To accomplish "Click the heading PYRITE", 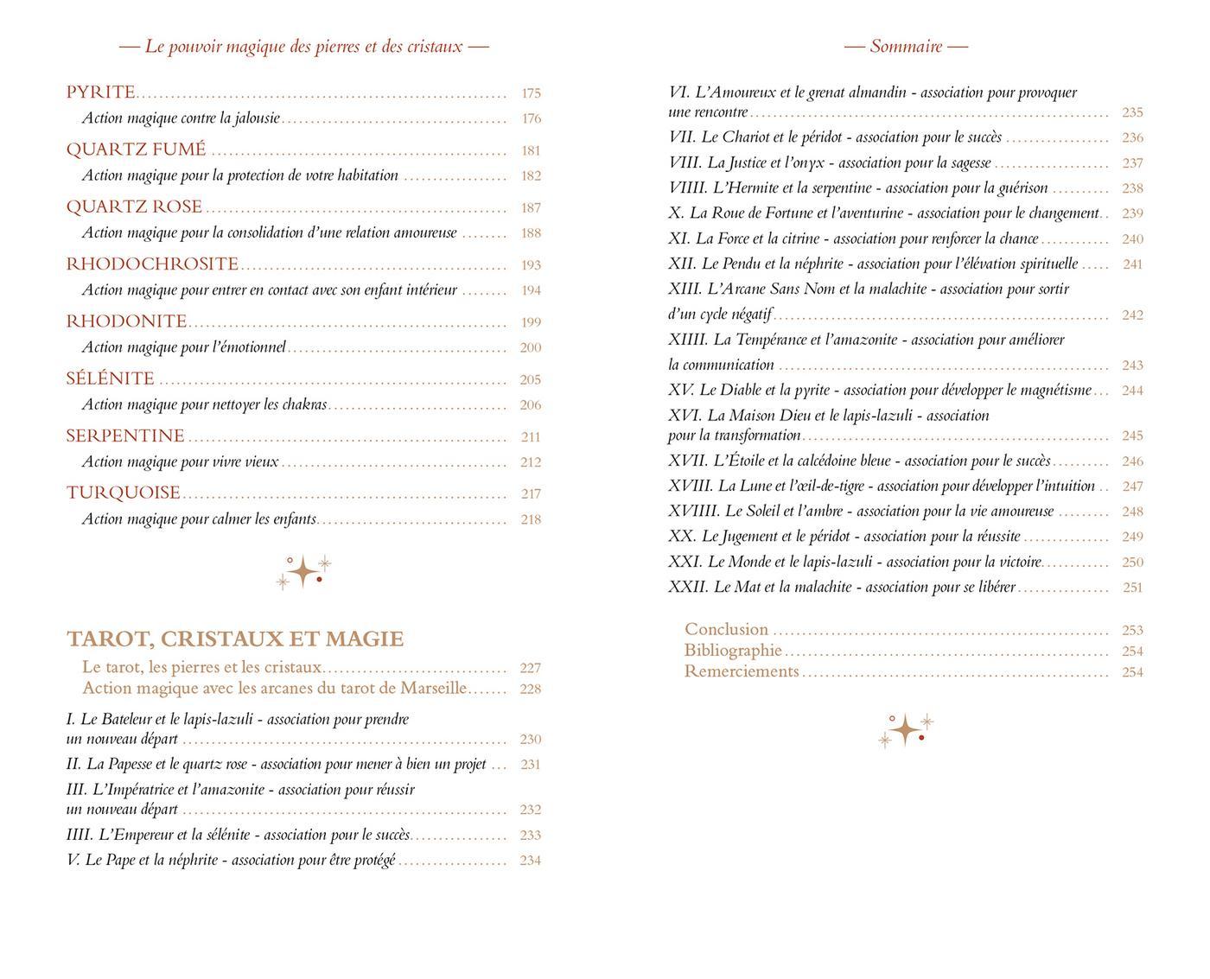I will (x=101, y=92).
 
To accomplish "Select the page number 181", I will (x=531, y=150).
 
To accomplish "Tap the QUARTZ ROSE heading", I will (x=134, y=207).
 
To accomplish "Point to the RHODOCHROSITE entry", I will (x=152, y=264).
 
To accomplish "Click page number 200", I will (x=531, y=347).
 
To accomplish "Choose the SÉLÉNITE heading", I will (x=111, y=379).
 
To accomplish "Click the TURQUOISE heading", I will (x=124, y=493).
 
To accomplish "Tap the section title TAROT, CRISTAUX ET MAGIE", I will (x=235, y=639).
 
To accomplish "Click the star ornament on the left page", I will (x=303, y=572).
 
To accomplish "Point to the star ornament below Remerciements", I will (x=906, y=730).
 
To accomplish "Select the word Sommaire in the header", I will (x=906, y=47).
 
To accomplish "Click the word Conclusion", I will (x=726, y=630).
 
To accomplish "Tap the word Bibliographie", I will (x=733, y=651).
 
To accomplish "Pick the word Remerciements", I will (x=742, y=671).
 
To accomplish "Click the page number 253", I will (x=1132, y=630).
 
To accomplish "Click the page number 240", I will (x=1132, y=239).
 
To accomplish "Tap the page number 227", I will (x=531, y=668).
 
